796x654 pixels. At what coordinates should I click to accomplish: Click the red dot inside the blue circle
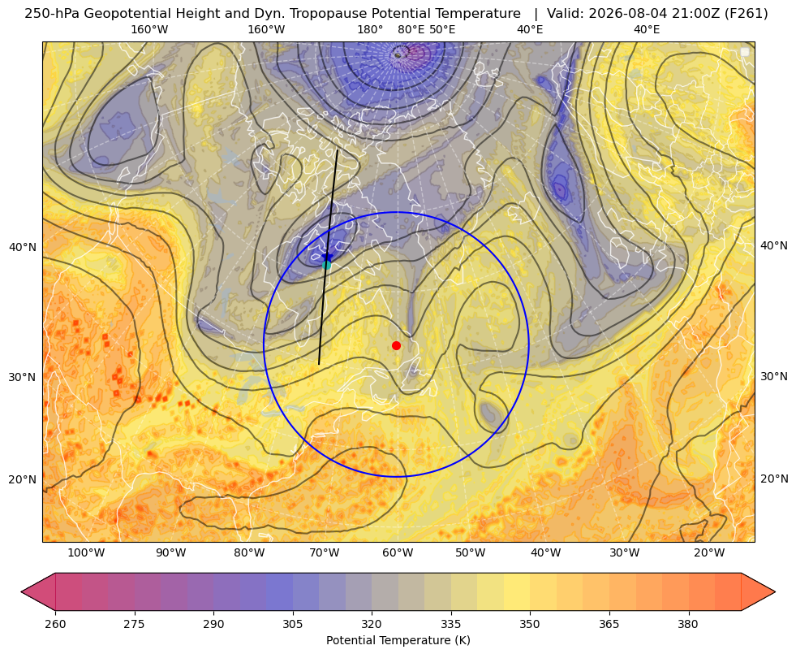[397, 345]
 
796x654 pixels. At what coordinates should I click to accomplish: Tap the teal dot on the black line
[326, 265]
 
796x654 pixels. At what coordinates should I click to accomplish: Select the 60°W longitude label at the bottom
[398, 553]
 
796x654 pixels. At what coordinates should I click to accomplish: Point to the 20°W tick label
[709, 553]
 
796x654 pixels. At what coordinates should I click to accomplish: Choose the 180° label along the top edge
[370, 29]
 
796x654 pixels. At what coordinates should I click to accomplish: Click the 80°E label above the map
[411, 29]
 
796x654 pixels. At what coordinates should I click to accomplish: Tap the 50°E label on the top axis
[442, 29]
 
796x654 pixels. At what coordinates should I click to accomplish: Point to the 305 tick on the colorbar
[292, 624]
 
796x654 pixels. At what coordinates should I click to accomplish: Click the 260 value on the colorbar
[55, 624]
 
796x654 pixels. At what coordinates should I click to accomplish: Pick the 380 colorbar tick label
[688, 624]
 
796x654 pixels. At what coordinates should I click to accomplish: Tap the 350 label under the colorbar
[530, 624]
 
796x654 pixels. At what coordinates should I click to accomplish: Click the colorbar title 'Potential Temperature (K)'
[398, 640]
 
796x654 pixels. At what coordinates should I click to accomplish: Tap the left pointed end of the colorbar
[21, 591]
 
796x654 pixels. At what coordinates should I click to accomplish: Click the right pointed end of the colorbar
[775, 591]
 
